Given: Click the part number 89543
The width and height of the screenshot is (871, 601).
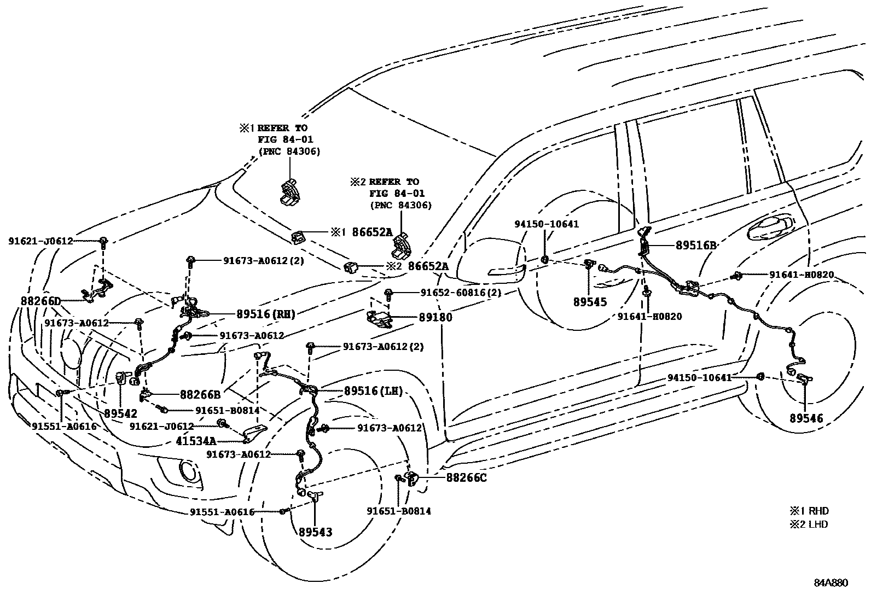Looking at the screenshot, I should [315, 532].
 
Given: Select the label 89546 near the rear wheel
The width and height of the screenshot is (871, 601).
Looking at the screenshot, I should [806, 418].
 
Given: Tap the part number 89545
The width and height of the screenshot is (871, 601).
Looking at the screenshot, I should [590, 301].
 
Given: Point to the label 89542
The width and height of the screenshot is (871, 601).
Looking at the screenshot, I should [120, 413].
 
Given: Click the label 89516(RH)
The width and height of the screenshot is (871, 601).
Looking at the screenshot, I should [266, 314].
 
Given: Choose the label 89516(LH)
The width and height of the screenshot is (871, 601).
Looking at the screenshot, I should [374, 391].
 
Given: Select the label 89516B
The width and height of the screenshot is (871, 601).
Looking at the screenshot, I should [696, 246].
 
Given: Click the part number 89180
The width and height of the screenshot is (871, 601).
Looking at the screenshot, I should [436, 317].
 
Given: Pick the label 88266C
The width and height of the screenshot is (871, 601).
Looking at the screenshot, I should [466, 477].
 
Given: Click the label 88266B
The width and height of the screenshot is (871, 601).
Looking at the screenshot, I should [200, 394].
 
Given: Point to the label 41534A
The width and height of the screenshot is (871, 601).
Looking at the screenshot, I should [196, 440].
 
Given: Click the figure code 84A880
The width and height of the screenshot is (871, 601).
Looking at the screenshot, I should [831, 583].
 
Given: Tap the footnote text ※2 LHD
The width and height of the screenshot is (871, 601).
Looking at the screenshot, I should [809, 524].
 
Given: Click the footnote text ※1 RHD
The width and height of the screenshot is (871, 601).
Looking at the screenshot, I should [809, 511].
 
